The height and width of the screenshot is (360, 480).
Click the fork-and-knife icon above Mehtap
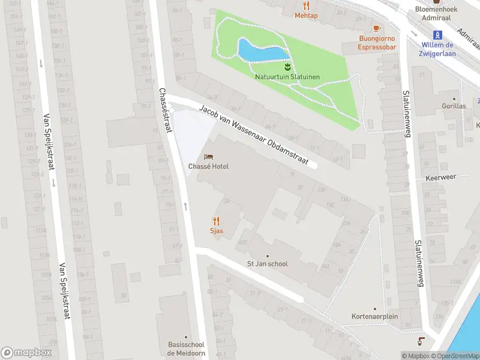(x=306, y=5)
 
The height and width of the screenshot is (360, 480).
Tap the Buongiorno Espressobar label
(x=377, y=43)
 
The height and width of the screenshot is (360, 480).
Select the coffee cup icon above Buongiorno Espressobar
(x=377, y=28)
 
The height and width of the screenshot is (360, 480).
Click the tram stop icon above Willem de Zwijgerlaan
(x=438, y=34)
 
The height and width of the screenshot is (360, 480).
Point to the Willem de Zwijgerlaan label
(x=437, y=49)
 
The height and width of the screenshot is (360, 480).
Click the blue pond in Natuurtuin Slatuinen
(x=262, y=51)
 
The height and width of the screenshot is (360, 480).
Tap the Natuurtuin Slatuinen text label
(x=287, y=77)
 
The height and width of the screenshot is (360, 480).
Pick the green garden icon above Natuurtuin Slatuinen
(x=287, y=65)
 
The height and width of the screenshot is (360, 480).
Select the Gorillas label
(x=454, y=106)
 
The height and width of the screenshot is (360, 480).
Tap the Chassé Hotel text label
(x=208, y=166)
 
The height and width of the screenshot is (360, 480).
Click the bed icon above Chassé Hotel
(x=208, y=156)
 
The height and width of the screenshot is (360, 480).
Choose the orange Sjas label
(x=216, y=230)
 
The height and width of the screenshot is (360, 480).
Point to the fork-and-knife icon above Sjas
(x=216, y=220)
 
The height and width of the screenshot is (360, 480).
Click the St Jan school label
(x=268, y=263)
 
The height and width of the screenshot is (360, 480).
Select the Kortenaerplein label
(x=375, y=316)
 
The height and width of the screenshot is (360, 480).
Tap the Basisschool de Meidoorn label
(x=185, y=349)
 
